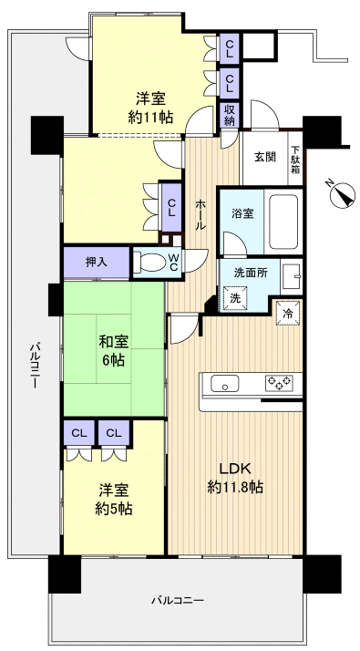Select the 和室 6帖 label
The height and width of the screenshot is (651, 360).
coord(113,350)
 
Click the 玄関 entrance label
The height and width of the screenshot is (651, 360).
coord(265,157)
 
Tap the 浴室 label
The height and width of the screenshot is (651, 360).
coord(242,213)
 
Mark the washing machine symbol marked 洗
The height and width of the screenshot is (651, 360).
coord(234,298)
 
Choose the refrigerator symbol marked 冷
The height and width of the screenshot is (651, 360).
coord(288,311)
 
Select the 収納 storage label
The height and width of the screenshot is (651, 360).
coord(231,116)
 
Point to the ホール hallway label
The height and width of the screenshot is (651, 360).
coord(201,215)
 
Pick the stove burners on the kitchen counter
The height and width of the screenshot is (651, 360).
coord(278,383)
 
